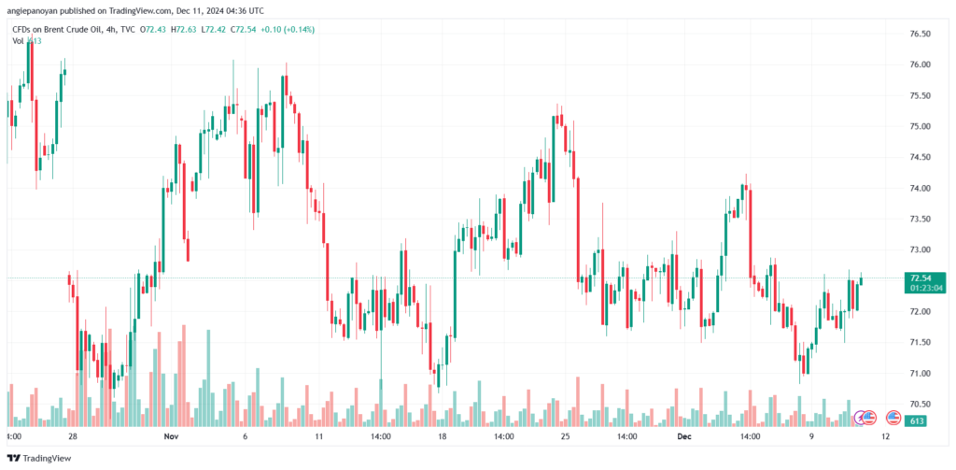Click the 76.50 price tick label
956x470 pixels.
(920, 34)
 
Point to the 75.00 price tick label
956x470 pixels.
(920, 126)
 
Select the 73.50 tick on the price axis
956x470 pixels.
(920, 219)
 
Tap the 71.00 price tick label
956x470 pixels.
(920, 374)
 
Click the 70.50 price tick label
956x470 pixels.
(920, 405)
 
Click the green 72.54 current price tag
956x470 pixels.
(920, 278)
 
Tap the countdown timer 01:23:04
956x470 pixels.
(921, 288)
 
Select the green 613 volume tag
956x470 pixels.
(916, 421)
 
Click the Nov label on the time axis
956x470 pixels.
(170, 436)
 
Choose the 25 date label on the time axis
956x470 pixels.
(565, 436)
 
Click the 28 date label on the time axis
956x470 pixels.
(71, 436)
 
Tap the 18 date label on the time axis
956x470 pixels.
(443, 436)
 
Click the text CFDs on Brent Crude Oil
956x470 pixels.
(55, 30)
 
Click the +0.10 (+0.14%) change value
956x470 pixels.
(288, 30)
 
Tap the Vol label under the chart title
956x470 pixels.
(18, 41)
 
